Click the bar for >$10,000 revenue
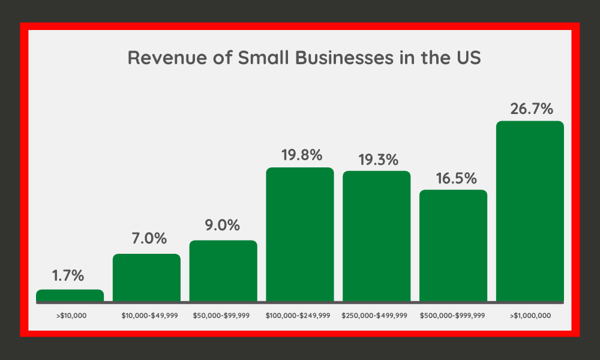click(70, 295)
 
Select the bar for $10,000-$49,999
click(146, 277)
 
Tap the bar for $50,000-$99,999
click(223, 271)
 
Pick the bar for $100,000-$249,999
click(300, 234)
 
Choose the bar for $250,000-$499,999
click(377, 236)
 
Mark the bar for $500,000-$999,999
click(453, 245)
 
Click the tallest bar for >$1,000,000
click(530, 211)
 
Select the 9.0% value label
click(223, 226)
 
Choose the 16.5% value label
click(454, 178)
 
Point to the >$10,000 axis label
click(70, 315)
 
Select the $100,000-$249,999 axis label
click(299, 315)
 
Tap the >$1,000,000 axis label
click(530, 315)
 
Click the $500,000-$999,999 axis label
click(453, 315)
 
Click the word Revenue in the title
click(163, 59)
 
